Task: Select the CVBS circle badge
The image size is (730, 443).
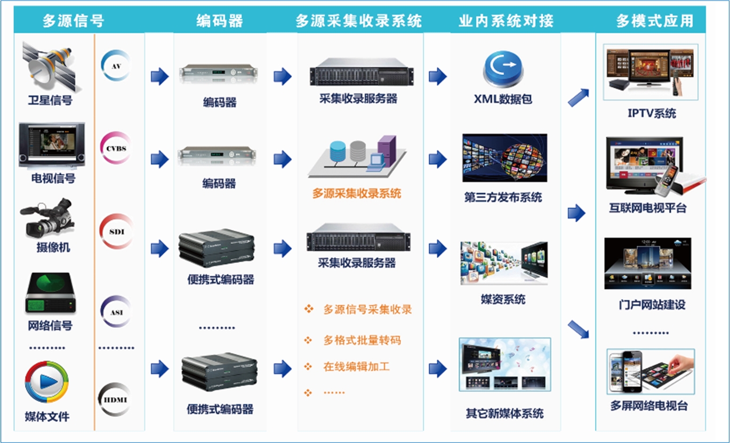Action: pyautogui.click(x=116, y=148)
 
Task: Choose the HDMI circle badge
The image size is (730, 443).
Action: pyautogui.click(x=115, y=399)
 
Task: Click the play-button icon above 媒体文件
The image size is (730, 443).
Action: pyautogui.click(x=47, y=381)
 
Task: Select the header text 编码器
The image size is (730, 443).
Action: pyautogui.click(x=219, y=21)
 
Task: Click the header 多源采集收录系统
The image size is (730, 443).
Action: pyautogui.click(x=358, y=21)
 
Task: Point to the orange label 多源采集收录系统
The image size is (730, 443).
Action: pyautogui.click(x=357, y=194)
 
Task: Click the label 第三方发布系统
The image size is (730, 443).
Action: pyautogui.click(x=503, y=198)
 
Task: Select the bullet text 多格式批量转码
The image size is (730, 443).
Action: pyautogui.click(x=362, y=341)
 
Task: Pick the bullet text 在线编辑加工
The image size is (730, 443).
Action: pyautogui.click(x=356, y=367)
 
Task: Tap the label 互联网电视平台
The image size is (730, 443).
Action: pyautogui.click(x=648, y=208)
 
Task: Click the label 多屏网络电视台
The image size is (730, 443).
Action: pyautogui.click(x=649, y=406)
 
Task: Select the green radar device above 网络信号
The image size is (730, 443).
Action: pyautogui.click(x=49, y=293)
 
